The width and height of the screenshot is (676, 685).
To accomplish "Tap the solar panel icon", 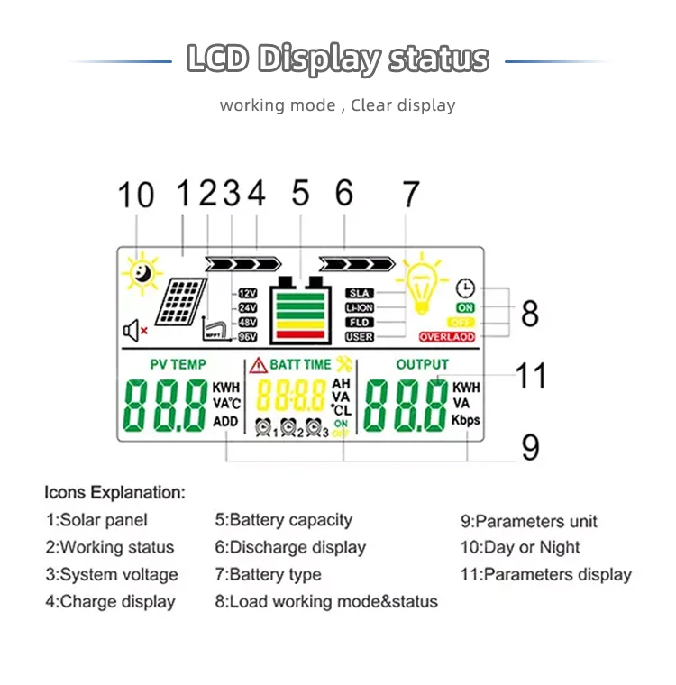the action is click(180, 301).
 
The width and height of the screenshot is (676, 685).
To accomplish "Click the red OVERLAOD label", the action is click(446, 337).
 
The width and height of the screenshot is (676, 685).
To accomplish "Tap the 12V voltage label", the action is click(247, 294).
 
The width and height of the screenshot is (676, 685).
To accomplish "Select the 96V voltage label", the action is click(247, 337).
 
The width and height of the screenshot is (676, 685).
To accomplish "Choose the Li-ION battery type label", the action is click(360, 308).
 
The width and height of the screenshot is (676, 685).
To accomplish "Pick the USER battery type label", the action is click(360, 337).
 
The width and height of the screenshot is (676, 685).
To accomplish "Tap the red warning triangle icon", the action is click(258, 364).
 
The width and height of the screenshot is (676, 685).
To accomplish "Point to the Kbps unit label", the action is click(466, 420).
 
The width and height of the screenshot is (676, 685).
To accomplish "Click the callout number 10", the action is click(136, 196).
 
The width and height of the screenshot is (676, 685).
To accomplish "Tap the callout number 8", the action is click(530, 314).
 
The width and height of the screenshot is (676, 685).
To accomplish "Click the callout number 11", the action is click(530, 375).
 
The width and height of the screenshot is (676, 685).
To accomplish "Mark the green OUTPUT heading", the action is click(423, 364).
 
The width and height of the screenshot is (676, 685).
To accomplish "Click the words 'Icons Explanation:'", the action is click(114, 493).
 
